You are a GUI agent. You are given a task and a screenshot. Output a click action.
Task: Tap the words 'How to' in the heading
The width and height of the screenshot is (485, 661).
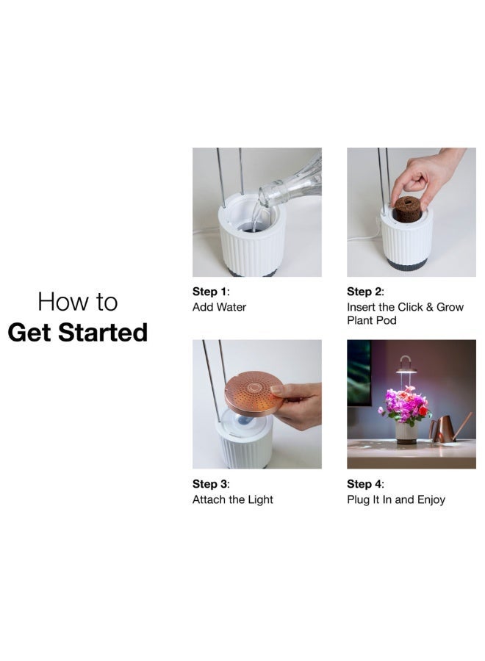click(78, 301)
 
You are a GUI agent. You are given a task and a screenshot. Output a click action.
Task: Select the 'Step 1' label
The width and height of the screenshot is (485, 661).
click(209, 292)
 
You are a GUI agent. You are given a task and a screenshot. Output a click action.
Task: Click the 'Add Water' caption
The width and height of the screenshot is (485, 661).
click(219, 307)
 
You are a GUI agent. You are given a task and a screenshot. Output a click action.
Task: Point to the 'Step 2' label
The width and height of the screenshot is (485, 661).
click(364, 292)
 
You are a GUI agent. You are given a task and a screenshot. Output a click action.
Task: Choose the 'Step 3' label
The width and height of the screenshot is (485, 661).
click(209, 484)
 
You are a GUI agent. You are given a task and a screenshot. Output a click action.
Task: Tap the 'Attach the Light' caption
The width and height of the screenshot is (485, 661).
click(232, 499)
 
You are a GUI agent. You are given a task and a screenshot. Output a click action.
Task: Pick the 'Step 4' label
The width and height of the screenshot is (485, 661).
click(364, 484)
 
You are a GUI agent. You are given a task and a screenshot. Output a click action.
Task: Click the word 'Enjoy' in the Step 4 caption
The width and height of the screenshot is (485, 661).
click(429, 499)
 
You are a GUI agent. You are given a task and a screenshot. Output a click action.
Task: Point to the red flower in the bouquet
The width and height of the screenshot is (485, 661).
click(423, 411)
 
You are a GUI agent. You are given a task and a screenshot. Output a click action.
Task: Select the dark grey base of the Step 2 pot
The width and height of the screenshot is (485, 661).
click(406, 264)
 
